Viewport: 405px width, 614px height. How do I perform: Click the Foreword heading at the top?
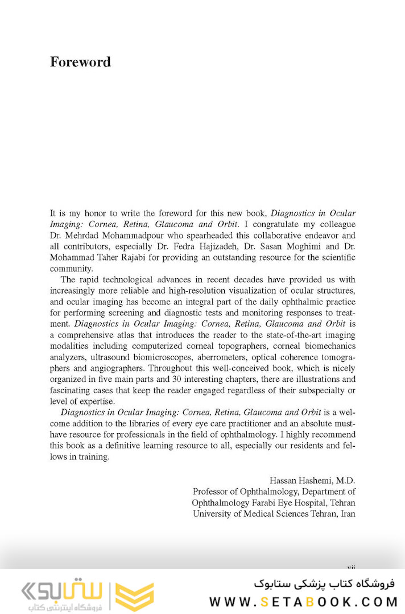click(x=80, y=62)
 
